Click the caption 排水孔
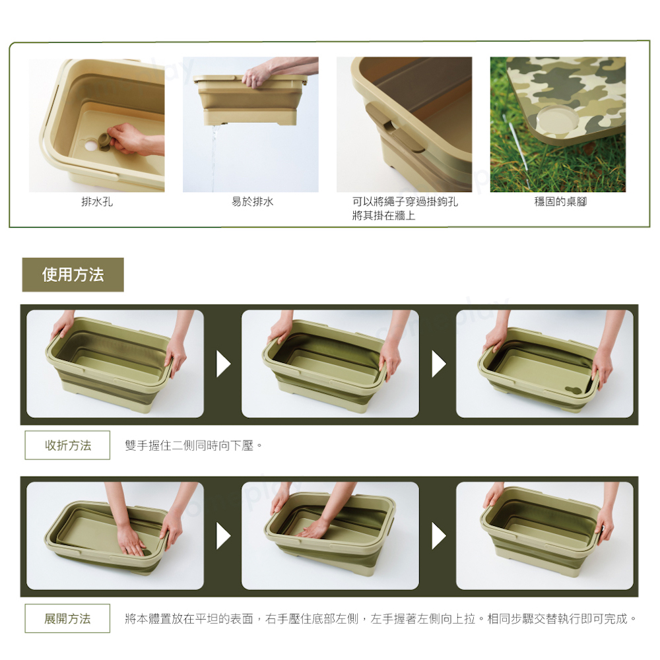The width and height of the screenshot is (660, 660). click(x=97, y=201)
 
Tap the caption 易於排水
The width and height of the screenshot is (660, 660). click(x=253, y=201)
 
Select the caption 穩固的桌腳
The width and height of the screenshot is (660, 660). click(x=560, y=201)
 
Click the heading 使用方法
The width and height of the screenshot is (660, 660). click(x=73, y=275)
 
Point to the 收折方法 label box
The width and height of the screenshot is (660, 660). click(x=67, y=445)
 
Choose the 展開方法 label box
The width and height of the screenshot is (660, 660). click(x=67, y=618)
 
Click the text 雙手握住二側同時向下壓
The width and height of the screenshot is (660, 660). click(x=189, y=445)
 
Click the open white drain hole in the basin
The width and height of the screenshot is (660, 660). click(x=90, y=146)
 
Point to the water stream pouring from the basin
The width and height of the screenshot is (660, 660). click(x=214, y=156)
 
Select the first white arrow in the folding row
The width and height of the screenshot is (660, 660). click(x=223, y=364)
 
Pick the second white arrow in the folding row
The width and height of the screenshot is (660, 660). click(x=439, y=364)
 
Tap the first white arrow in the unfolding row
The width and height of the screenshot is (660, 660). click(x=223, y=536)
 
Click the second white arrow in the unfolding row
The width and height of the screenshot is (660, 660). click(x=439, y=536)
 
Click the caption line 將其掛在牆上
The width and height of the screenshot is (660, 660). click(x=383, y=216)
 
